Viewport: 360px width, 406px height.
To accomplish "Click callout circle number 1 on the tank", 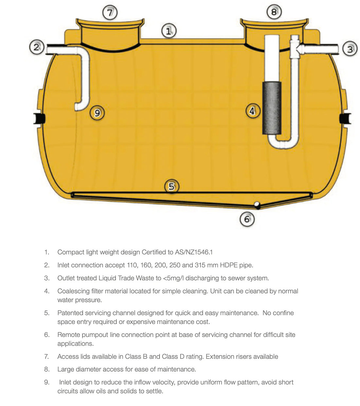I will point(169,31).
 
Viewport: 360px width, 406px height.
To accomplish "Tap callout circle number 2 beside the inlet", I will point(36,47).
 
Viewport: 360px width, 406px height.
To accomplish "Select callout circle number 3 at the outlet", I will point(350,49).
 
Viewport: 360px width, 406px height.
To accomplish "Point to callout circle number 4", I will point(252,111).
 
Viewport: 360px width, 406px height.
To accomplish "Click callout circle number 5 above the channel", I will point(171,186).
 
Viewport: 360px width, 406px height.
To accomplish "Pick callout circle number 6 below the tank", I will point(247,219).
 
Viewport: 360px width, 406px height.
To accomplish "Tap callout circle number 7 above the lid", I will point(110,13).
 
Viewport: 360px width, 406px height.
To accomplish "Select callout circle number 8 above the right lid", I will point(274,12).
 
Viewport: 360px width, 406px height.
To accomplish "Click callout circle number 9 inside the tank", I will point(97,113).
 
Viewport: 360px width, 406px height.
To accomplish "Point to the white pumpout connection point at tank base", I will point(257,205).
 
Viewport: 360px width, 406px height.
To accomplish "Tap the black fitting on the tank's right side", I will point(345,118).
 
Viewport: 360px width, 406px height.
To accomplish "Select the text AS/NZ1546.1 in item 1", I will point(194,252).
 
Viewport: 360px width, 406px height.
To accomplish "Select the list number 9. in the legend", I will point(47,382).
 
